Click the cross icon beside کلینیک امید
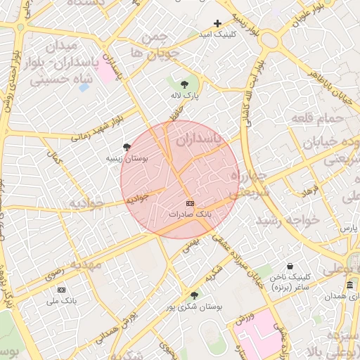217,24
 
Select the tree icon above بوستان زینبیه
127,146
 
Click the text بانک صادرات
189,212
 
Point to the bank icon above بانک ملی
61,290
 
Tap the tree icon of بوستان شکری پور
194,295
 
